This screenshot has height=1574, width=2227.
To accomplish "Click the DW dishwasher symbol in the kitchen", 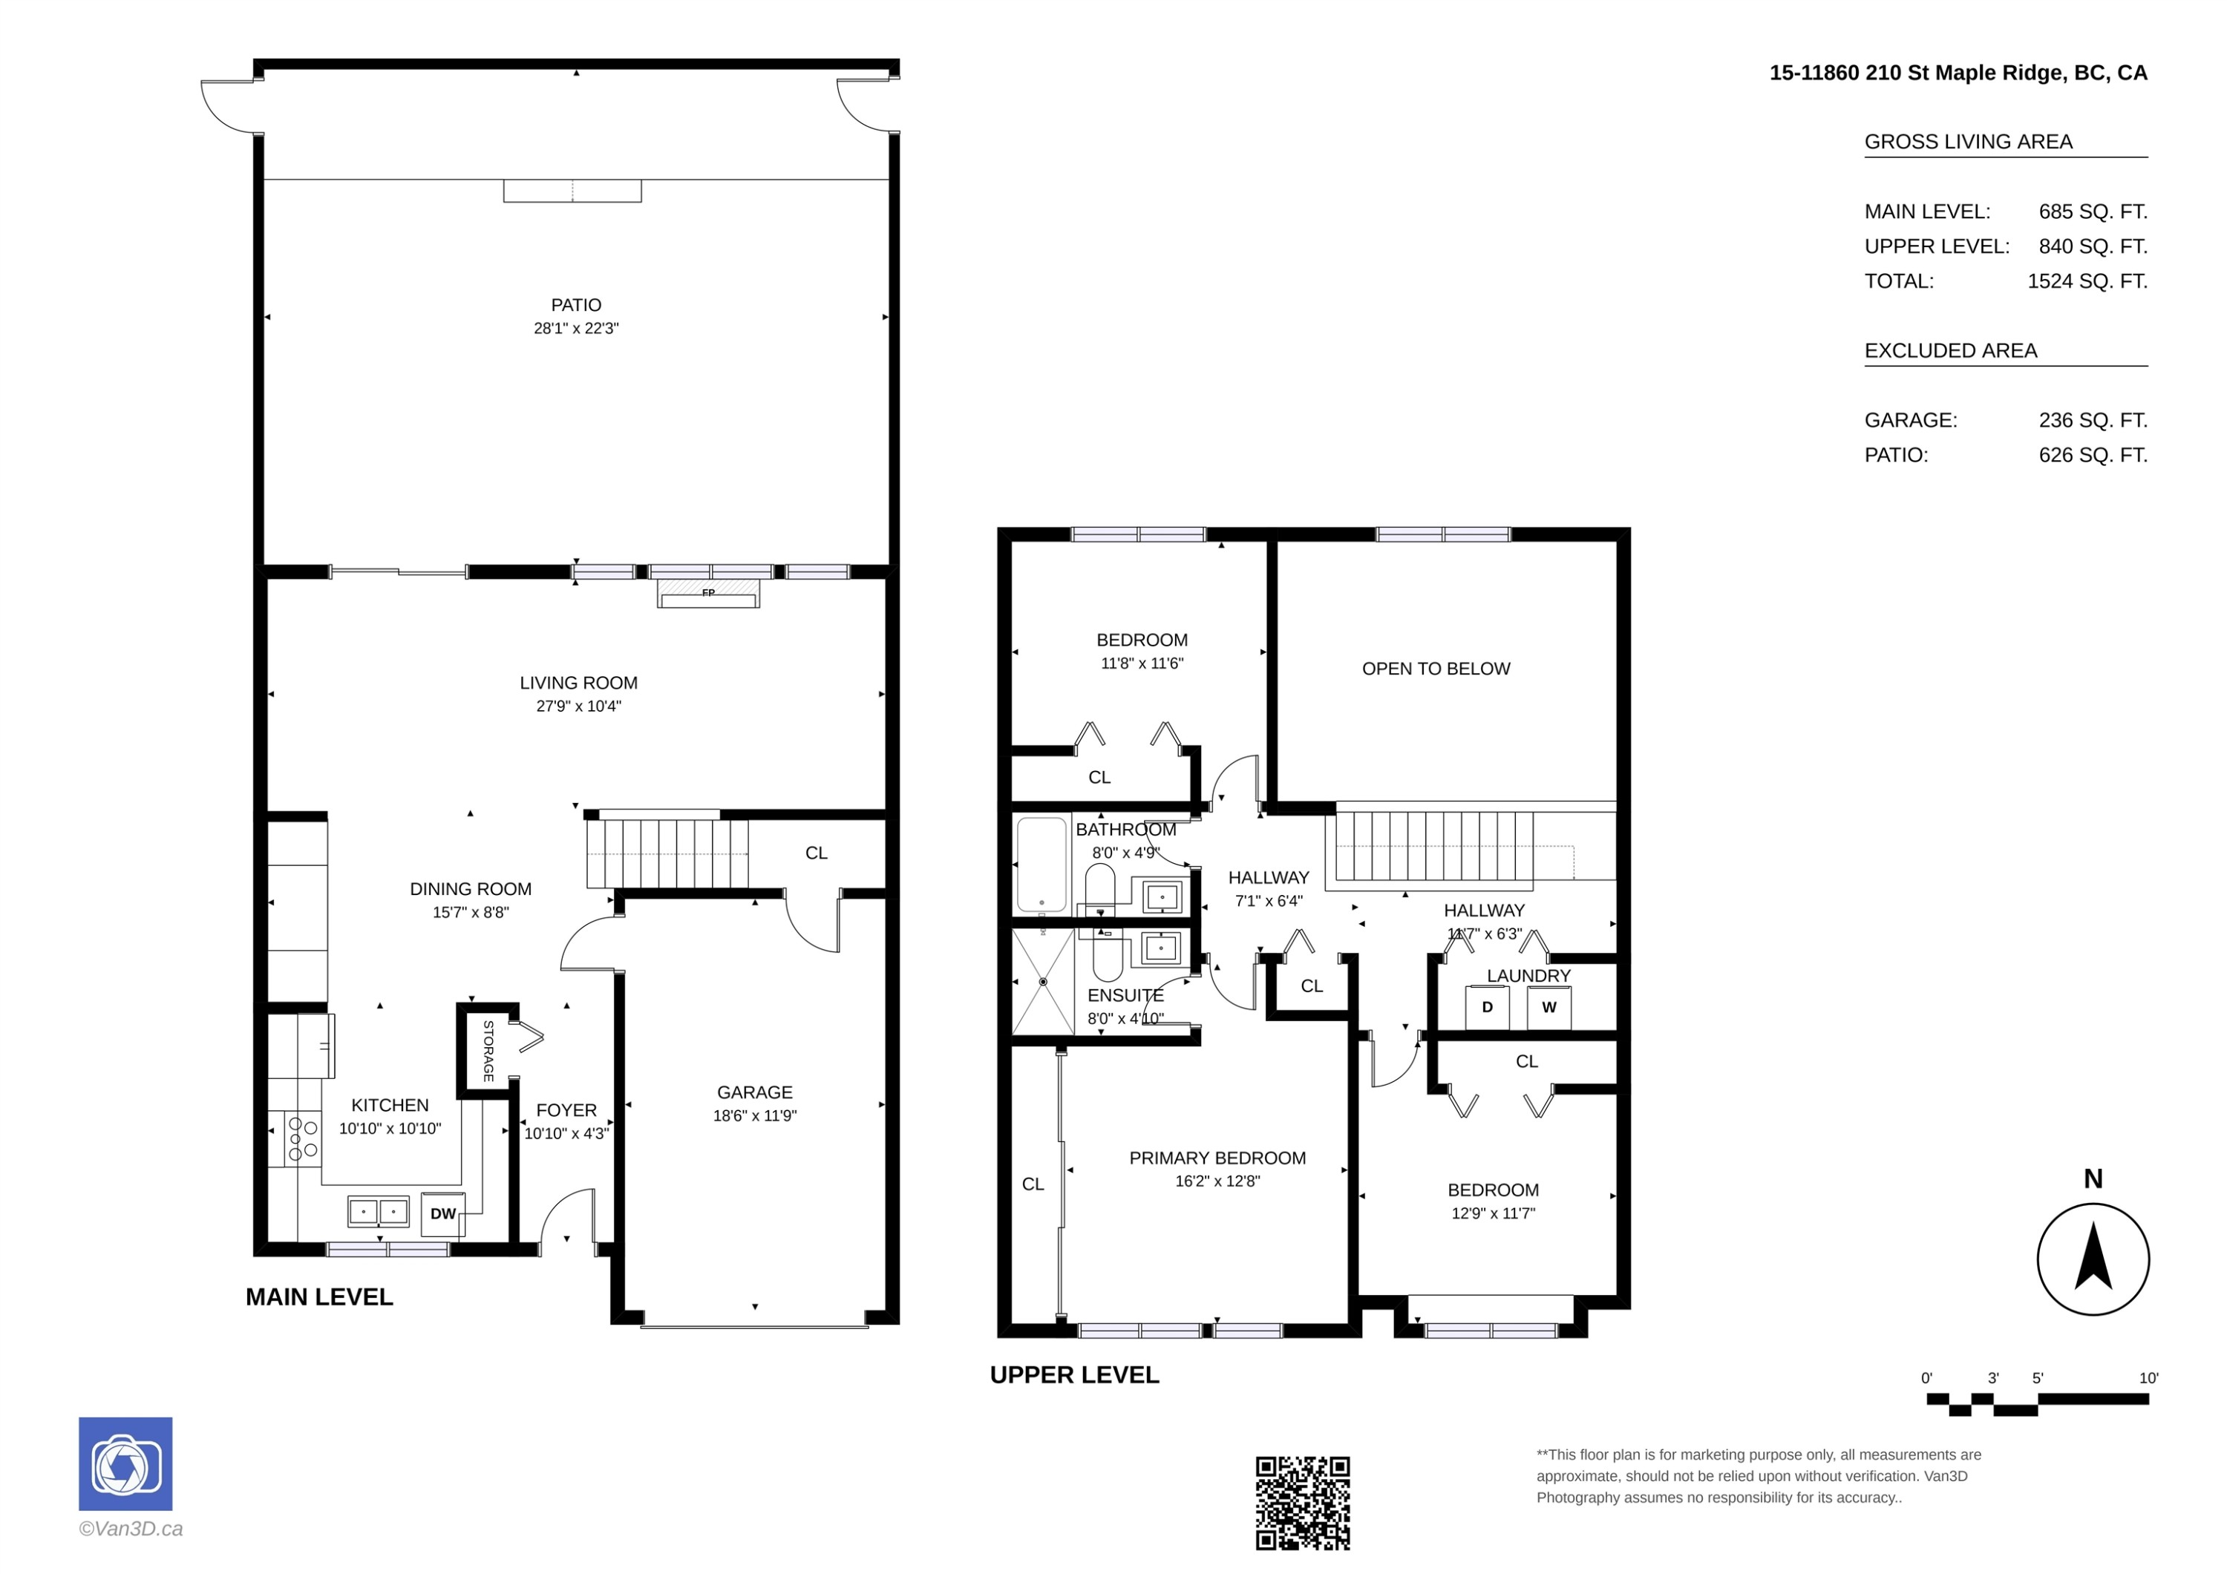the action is click(x=442, y=1213).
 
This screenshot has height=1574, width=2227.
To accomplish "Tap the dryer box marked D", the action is click(x=1487, y=1008).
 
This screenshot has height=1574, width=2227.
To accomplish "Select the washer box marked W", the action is click(x=1549, y=1008).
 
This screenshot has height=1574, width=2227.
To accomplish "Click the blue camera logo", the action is click(x=125, y=1463).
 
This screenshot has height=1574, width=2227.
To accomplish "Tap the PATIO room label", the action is click(x=576, y=304).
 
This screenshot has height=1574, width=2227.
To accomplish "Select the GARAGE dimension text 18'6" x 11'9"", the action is click(x=755, y=1115).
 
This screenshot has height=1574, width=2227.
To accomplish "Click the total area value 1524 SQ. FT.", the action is click(x=2087, y=281).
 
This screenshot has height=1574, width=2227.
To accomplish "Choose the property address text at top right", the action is click(x=1958, y=73).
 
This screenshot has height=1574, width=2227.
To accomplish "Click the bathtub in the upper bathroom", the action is click(x=1041, y=865).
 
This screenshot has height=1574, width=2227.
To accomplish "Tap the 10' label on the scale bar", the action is click(x=2148, y=1378).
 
